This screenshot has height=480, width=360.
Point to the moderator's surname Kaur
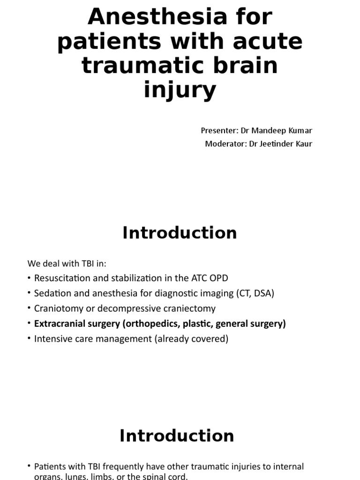pyautogui.click(x=303, y=143)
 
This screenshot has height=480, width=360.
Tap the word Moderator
pyautogui.click(x=223, y=143)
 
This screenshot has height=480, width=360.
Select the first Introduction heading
pyautogui.click(x=180, y=233)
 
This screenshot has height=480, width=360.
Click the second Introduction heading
pyautogui.click(x=176, y=435)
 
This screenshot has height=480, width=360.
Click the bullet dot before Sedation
pyautogui.click(x=29, y=293)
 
